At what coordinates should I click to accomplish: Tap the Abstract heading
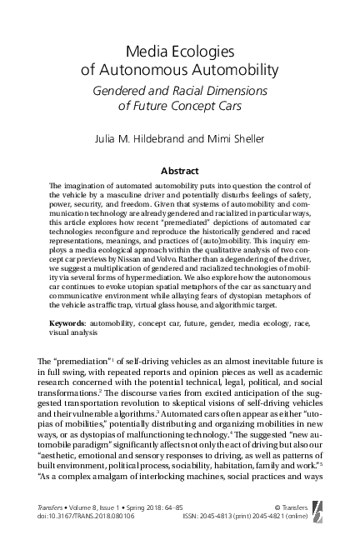[x=181, y=169]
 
